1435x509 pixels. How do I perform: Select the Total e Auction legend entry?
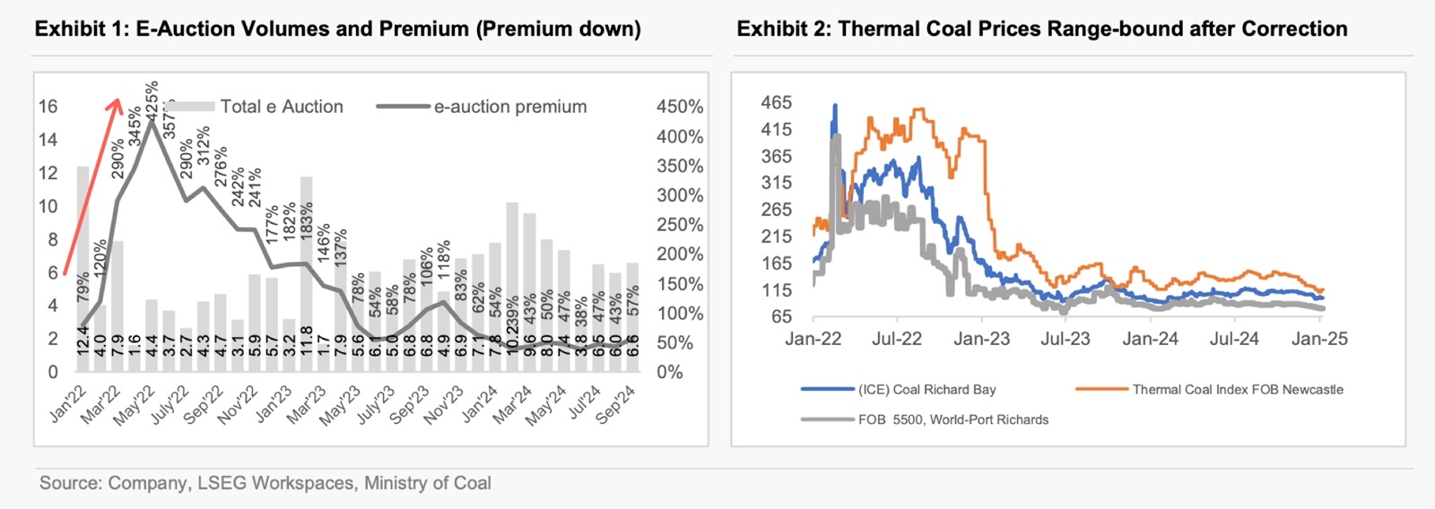(x=281, y=107)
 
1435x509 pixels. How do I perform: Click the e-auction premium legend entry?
(x=509, y=107)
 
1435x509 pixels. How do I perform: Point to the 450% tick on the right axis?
(x=679, y=107)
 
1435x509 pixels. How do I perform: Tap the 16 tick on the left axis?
(x=48, y=107)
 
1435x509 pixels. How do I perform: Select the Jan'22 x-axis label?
(x=68, y=403)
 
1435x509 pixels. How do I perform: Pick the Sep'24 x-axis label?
(x=616, y=403)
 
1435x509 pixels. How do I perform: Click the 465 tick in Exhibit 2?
(x=776, y=102)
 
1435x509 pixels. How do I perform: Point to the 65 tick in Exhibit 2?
(x=781, y=316)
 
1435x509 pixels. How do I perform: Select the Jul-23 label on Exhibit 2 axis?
(x=1065, y=339)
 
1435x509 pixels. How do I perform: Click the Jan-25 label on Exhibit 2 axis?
(x=1318, y=339)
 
